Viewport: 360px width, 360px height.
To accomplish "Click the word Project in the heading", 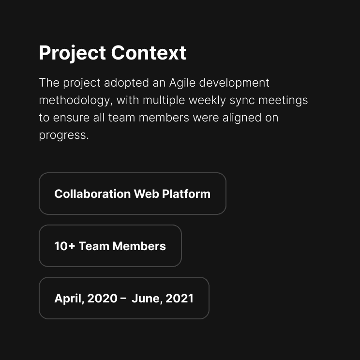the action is (72, 53).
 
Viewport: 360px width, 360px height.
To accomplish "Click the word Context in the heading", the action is (149, 53).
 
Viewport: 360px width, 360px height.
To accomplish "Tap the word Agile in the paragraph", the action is (182, 83).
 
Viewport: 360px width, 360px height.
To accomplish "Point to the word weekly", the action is (207, 101).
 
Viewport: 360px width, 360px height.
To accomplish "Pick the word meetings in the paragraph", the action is (283, 101).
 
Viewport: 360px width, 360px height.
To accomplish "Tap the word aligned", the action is (242, 118).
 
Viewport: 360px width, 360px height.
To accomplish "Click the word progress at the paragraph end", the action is (63, 135).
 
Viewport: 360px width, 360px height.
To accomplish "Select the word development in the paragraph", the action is (234, 83).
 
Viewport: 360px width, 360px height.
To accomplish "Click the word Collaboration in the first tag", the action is (92, 194).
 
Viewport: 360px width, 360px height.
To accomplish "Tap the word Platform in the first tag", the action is (186, 194).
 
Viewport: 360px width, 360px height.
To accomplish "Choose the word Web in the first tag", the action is (147, 194).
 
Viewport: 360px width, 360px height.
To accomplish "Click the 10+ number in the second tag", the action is (65, 246).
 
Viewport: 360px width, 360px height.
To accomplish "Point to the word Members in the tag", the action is (139, 246).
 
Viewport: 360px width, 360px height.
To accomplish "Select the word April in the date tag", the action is (69, 299).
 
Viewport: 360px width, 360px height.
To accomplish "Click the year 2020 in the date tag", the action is (103, 299).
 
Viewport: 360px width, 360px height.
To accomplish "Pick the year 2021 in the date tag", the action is (180, 299).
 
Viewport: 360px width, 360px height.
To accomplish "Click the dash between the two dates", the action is (123, 299).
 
